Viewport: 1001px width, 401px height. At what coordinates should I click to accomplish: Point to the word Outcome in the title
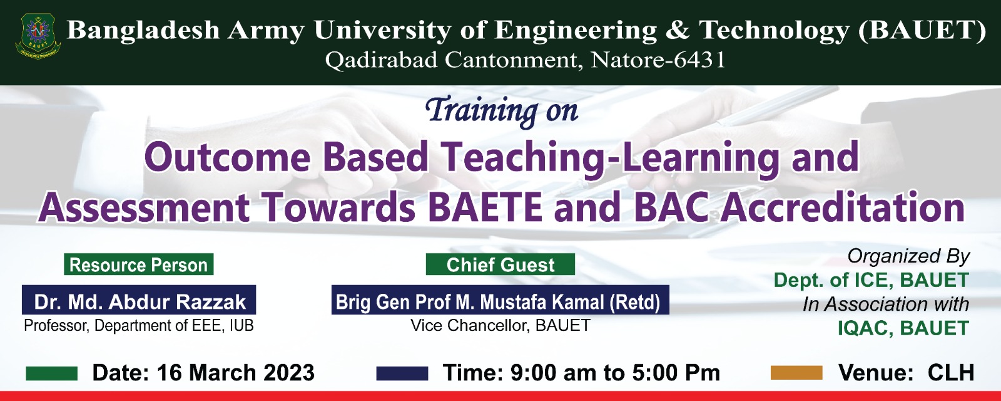228,157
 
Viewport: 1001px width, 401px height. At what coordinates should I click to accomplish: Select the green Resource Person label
138,264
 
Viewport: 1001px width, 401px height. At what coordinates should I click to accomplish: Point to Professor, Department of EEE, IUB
138,325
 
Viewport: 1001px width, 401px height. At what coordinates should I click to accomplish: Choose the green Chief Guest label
500,264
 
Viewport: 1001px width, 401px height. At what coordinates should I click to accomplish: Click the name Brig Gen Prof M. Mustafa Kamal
470,302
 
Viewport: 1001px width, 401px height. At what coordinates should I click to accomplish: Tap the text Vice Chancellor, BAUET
500,325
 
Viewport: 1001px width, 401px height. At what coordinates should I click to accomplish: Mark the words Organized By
908,256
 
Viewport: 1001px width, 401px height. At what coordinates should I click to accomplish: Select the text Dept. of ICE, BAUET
871,280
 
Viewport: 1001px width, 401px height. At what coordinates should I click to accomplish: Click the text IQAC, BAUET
903,328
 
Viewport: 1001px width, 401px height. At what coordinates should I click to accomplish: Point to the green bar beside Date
51,373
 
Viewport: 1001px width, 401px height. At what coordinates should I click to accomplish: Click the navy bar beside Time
402,373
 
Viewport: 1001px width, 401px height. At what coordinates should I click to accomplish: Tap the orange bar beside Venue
797,373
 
